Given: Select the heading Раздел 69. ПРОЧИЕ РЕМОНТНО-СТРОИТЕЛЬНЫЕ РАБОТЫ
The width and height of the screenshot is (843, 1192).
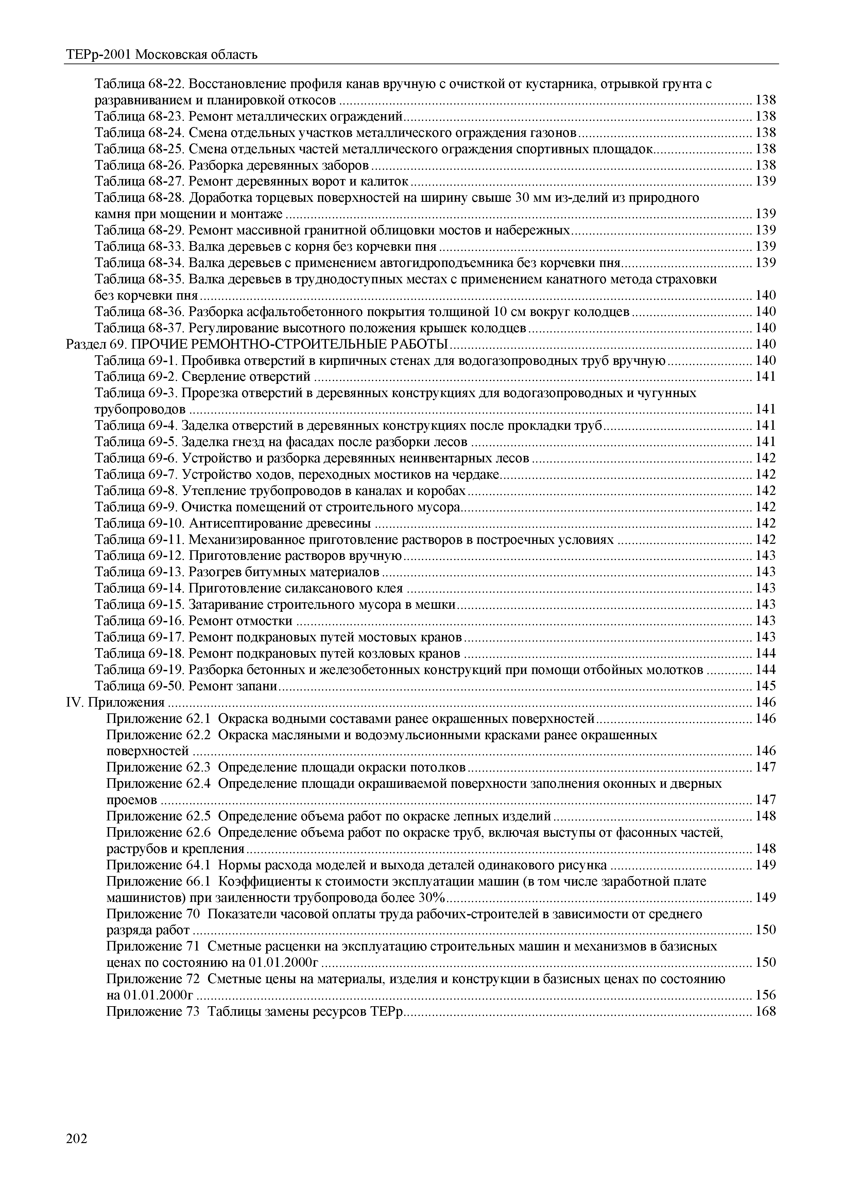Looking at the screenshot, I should (x=257, y=344).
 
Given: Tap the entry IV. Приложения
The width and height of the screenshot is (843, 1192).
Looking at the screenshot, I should (x=115, y=702).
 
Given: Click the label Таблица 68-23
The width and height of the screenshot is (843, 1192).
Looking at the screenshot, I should (x=139, y=116).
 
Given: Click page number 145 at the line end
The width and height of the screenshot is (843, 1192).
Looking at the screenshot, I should (x=765, y=686).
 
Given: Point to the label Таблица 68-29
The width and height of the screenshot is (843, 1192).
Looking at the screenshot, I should (x=139, y=230).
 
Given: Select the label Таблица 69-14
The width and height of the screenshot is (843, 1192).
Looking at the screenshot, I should (x=139, y=588).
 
